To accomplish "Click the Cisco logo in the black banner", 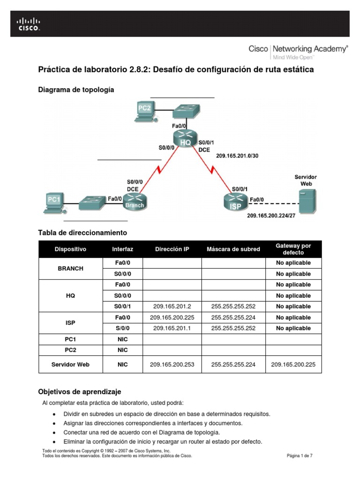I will point(29,23).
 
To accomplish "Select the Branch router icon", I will point(135,200).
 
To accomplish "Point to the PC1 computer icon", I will point(54,202).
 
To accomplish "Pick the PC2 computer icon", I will point(144,111).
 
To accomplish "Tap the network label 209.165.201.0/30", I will point(237,156).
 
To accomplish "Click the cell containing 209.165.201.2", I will point(172,307).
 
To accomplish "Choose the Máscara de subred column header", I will point(233,249).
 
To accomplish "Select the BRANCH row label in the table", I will point(70,269).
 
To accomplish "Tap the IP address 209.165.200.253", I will point(172,364).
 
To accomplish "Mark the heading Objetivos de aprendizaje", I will point(79,391).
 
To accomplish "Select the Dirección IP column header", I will point(172,249).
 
